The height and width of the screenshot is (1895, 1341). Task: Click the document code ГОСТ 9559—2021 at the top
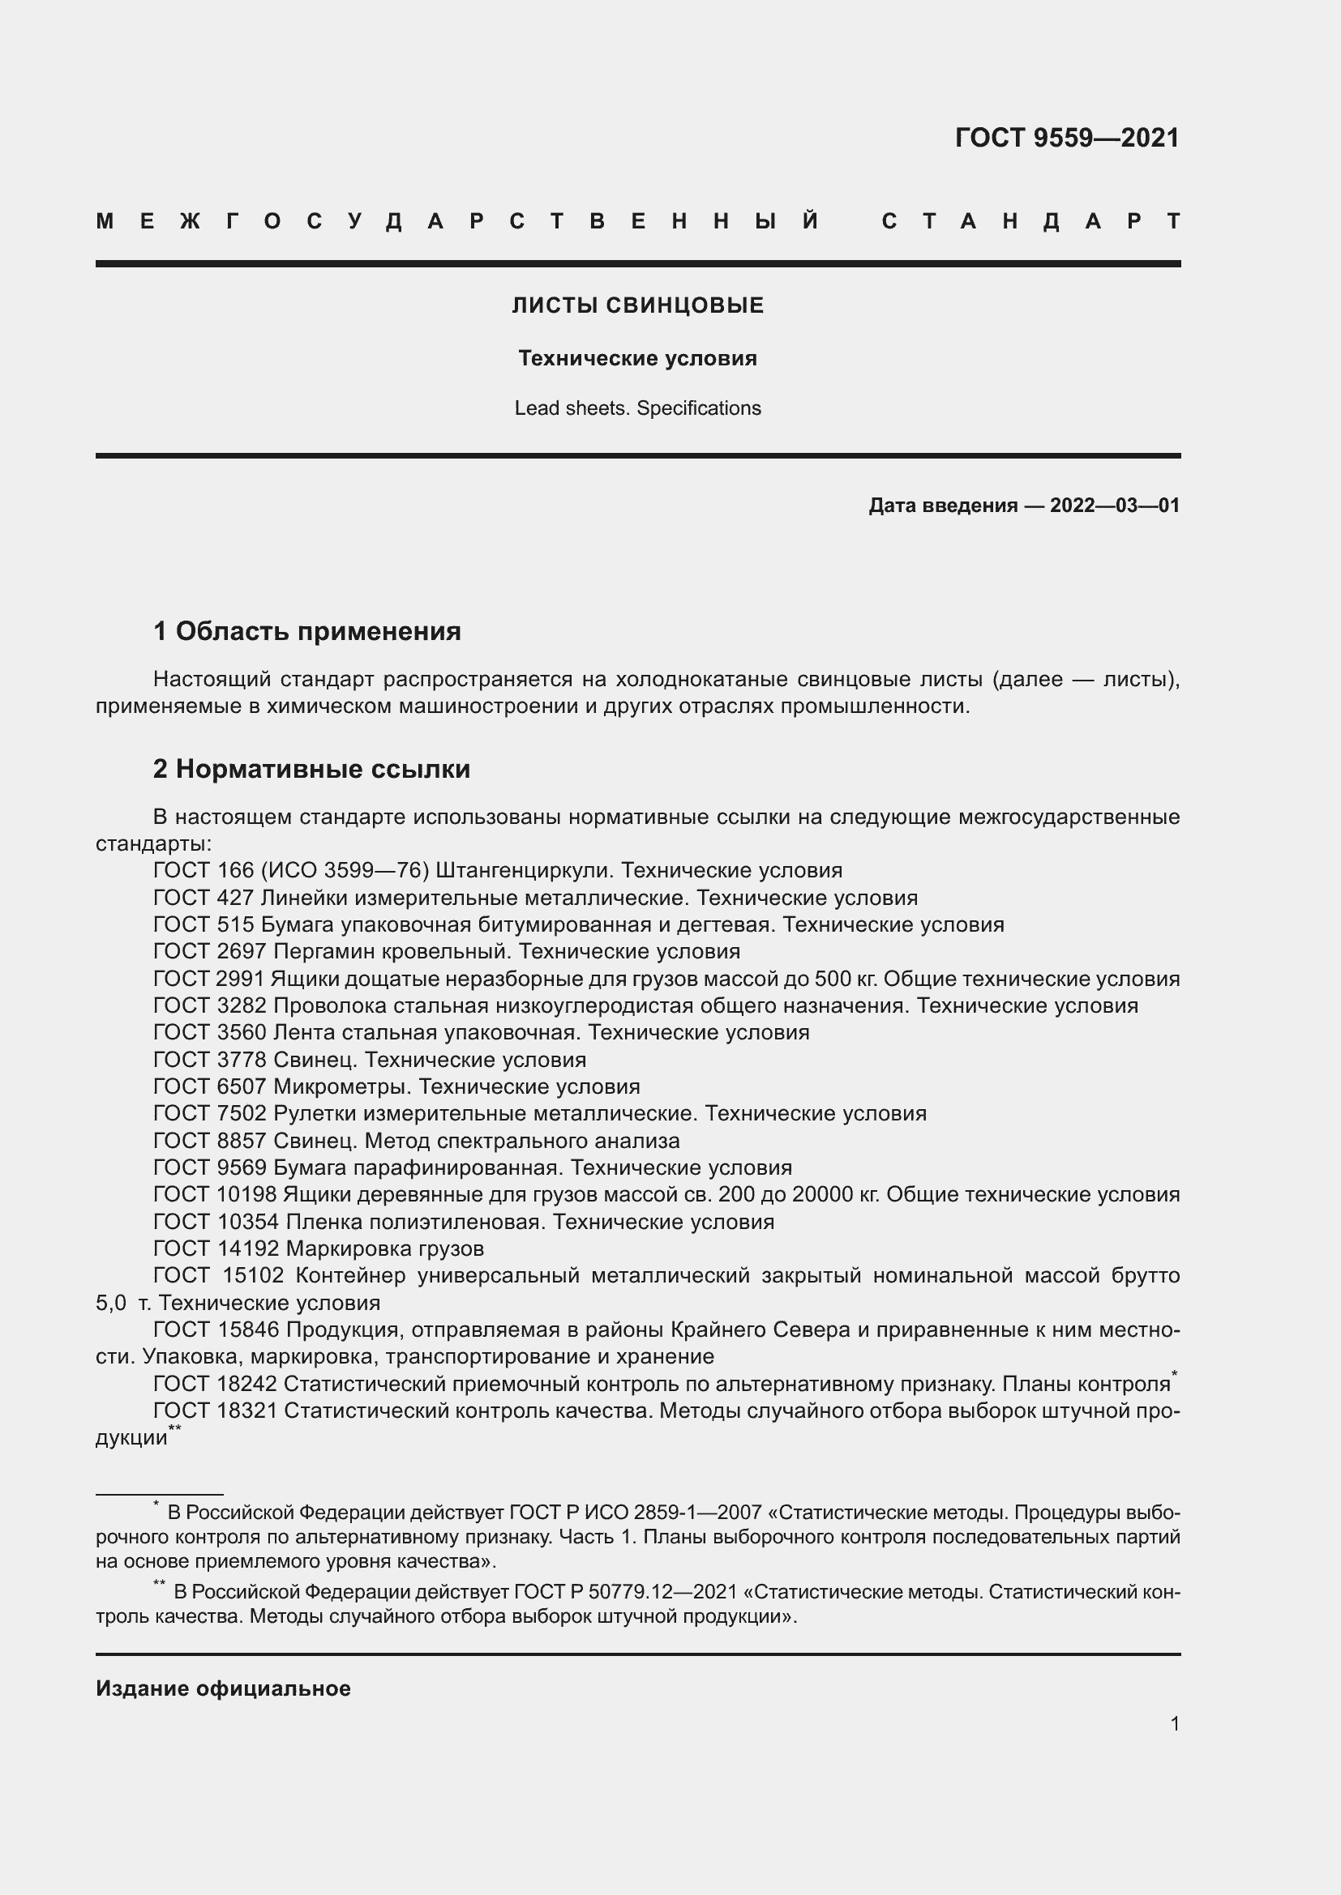click(x=1067, y=138)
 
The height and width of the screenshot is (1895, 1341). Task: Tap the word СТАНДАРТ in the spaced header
click(x=1030, y=221)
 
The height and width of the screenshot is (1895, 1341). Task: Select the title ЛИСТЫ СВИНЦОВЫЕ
click(x=637, y=305)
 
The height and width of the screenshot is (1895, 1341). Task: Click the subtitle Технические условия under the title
click(x=637, y=358)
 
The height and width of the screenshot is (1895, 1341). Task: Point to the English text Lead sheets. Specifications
click(x=637, y=408)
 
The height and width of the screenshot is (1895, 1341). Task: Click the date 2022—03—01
click(x=1114, y=505)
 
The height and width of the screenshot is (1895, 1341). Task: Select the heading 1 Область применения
click(x=307, y=631)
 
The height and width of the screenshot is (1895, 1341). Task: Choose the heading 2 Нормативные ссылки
click(x=311, y=768)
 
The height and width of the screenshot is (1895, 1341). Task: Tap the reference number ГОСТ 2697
click(x=210, y=951)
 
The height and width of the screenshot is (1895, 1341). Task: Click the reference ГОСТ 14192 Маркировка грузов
click(x=319, y=1248)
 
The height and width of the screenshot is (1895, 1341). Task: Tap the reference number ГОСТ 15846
click(x=216, y=1329)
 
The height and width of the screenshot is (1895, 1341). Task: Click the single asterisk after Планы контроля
click(x=1175, y=1372)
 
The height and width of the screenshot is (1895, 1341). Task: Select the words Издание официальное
click(x=223, y=1688)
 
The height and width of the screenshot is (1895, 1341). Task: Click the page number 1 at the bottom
click(x=1174, y=1723)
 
